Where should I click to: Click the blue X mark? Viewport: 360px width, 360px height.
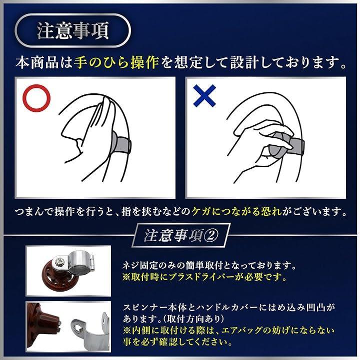(x=204, y=95)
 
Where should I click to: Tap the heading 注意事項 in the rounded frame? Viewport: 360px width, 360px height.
(x=73, y=31)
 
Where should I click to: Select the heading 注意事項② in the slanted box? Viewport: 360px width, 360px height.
(x=181, y=236)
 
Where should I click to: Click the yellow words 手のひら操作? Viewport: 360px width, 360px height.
(x=116, y=62)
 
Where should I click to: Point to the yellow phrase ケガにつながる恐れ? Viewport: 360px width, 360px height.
(x=237, y=211)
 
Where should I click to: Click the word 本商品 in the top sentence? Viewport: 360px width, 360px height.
(x=37, y=63)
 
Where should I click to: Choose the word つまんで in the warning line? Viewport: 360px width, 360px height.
(x=34, y=212)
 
